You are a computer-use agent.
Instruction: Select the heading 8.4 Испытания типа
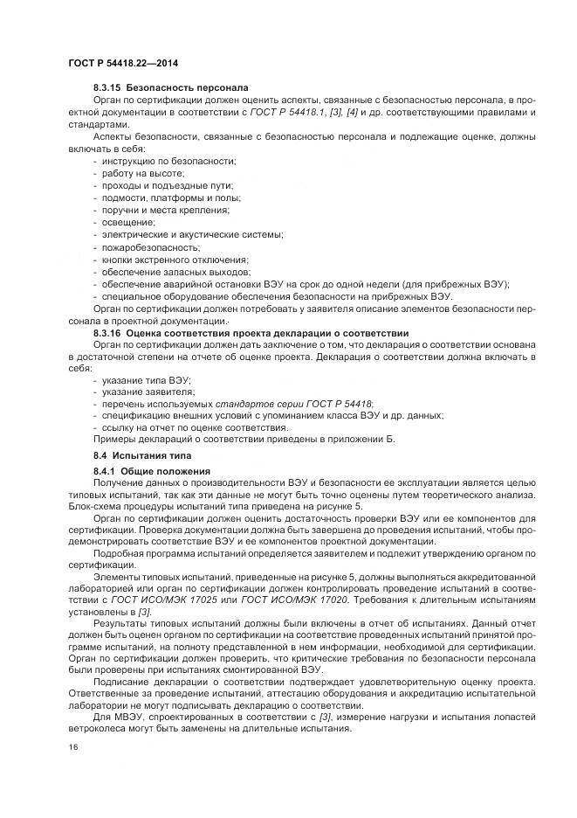pyautogui.click(x=138, y=457)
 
